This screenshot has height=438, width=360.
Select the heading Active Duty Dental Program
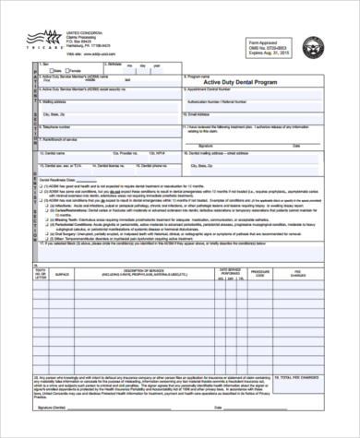coord(233,82)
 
